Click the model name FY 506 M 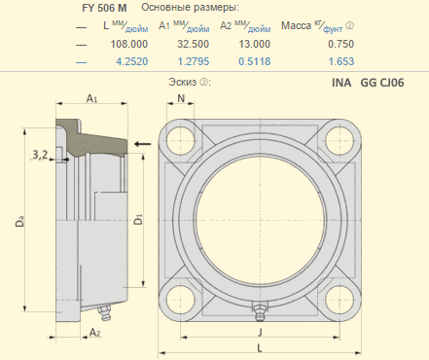pos(104,8)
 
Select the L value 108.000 pos(129,44)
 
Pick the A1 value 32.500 pos(193,44)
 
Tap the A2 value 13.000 pos(255,44)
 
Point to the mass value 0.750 pos(340,44)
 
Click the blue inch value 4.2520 pos(132,61)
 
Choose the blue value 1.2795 pos(194,61)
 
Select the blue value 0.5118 pos(255,61)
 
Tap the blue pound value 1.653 pos(341,61)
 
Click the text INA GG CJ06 pos(368,83)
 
